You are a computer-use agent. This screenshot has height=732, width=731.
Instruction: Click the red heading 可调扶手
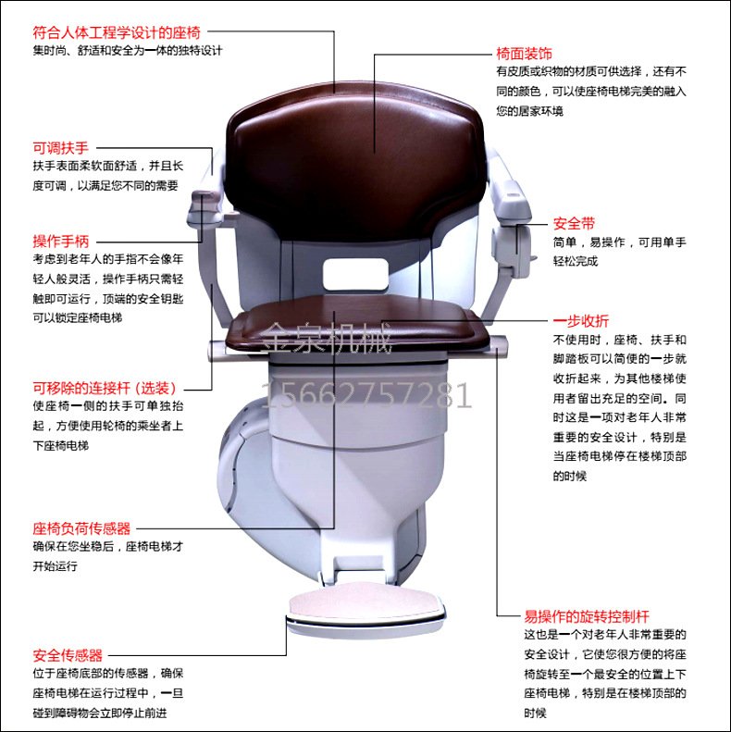click(60, 147)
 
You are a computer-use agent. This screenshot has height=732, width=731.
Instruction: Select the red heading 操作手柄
click(60, 241)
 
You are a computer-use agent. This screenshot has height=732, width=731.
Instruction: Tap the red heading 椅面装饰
click(525, 52)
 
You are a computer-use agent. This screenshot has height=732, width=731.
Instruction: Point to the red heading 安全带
click(574, 223)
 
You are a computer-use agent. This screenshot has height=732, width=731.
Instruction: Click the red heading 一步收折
click(581, 320)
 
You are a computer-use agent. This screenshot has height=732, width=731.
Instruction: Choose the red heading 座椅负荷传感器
click(81, 528)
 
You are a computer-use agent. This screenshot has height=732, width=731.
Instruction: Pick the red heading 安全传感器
click(67, 653)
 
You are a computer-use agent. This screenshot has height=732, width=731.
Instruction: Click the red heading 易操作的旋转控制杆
click(587, 615)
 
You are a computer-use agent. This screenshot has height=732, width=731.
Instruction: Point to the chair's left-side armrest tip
click(204, 198)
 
